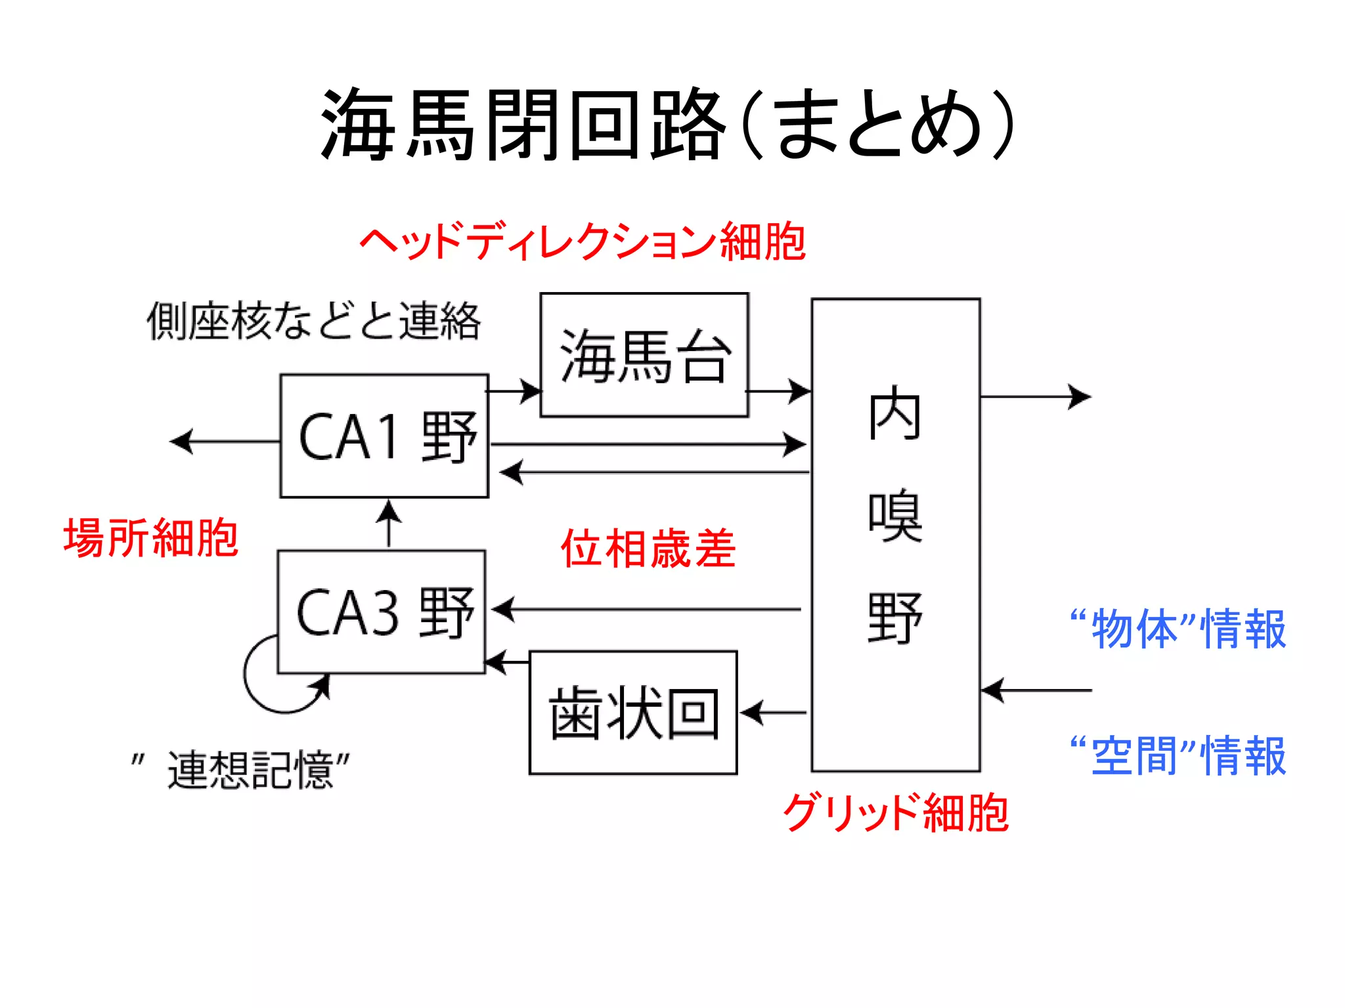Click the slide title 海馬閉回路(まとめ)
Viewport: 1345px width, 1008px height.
coord(669,125)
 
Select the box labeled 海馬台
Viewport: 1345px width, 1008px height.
coord(644,355)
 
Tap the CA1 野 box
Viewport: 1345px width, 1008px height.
coord(384,436)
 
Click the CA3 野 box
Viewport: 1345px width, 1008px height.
coord(382,612)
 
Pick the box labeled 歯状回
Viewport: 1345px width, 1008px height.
coord(633,713)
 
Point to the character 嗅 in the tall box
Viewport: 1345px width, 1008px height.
coord(895,515)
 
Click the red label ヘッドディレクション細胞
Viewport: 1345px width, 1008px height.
coord(582,241)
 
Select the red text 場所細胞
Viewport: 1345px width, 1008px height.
coord(150,537)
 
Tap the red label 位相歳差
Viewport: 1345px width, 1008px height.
coord(648,549)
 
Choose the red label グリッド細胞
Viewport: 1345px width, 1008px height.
coord(895,812)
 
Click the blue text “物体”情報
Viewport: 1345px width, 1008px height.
coord(1178,629)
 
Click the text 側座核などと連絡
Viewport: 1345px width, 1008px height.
coord(313,322)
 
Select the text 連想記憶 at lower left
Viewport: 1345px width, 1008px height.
coord(250,769)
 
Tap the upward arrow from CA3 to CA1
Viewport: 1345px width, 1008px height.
coord(389,524)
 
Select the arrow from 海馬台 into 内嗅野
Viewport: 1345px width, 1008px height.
coord(779,391)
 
